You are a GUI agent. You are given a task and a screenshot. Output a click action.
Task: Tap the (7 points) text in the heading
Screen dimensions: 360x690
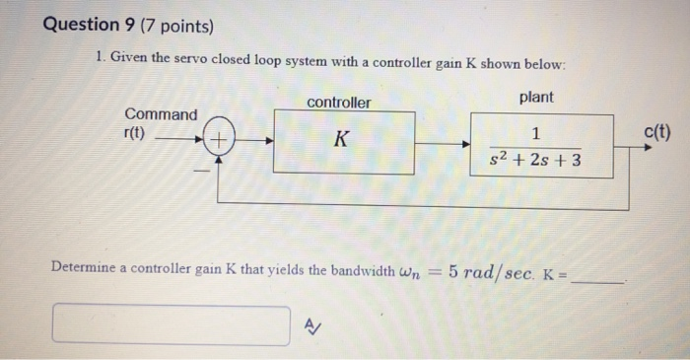180,26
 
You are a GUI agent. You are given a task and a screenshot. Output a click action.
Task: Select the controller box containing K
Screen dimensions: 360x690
343,142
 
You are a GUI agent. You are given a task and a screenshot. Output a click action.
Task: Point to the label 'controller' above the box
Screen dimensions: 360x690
339,103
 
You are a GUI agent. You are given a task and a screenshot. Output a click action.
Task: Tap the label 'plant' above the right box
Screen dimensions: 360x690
535,97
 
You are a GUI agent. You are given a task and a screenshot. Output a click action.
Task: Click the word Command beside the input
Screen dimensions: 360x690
160,114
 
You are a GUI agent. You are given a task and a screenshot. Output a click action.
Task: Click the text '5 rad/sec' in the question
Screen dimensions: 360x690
494,267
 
